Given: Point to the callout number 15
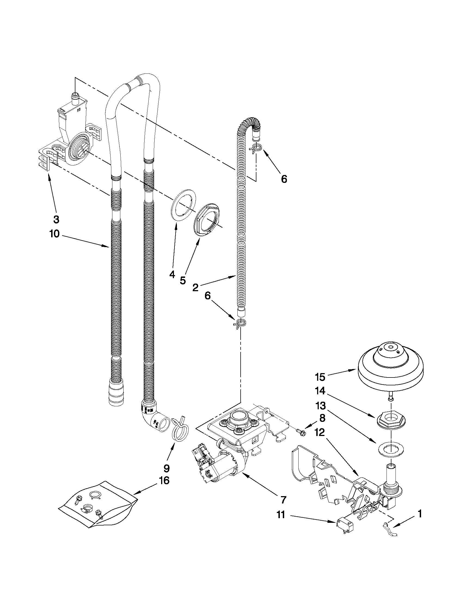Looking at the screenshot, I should [x=320, y=377].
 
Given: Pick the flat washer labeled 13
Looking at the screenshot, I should [x=391, y=449].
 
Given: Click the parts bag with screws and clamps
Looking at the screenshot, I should [x=97, y=505].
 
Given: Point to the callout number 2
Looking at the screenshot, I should [x=195, y=288].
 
